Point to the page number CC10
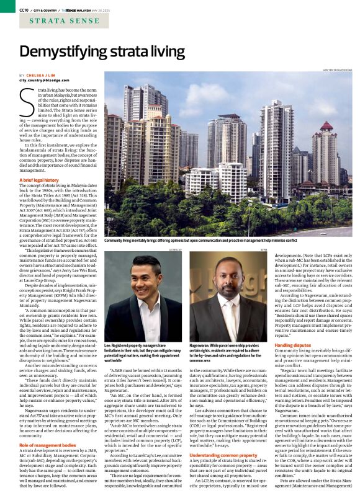pos(24,10)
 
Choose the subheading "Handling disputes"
pos(292,344)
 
